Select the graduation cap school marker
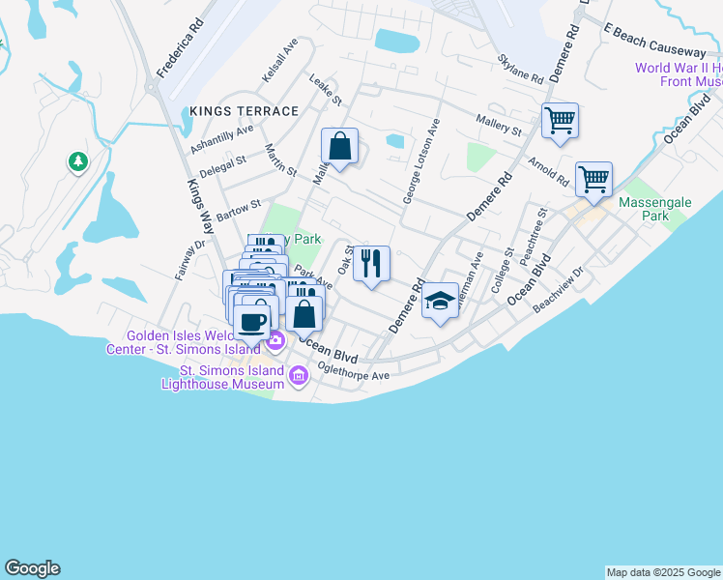pyautogui.click(x=440, y=302)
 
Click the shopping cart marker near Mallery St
pyautogui.click(x=560, y=121)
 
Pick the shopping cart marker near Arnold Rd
pyautogui.click(x=593, y=179)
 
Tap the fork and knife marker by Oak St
pyautogui.click(x=371, y=263)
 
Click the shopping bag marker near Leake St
pyautogui.click(x=339, y=147)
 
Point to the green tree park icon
pyautogui.click(x=77, y=161)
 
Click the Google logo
pyautogui.click(x=32, y=568)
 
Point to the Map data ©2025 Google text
pyautogui.click(x=662, y=572)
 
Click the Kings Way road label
pyautogui.click(x=199, y=200)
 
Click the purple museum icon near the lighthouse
pyautogui.click(x=298, y=375)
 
